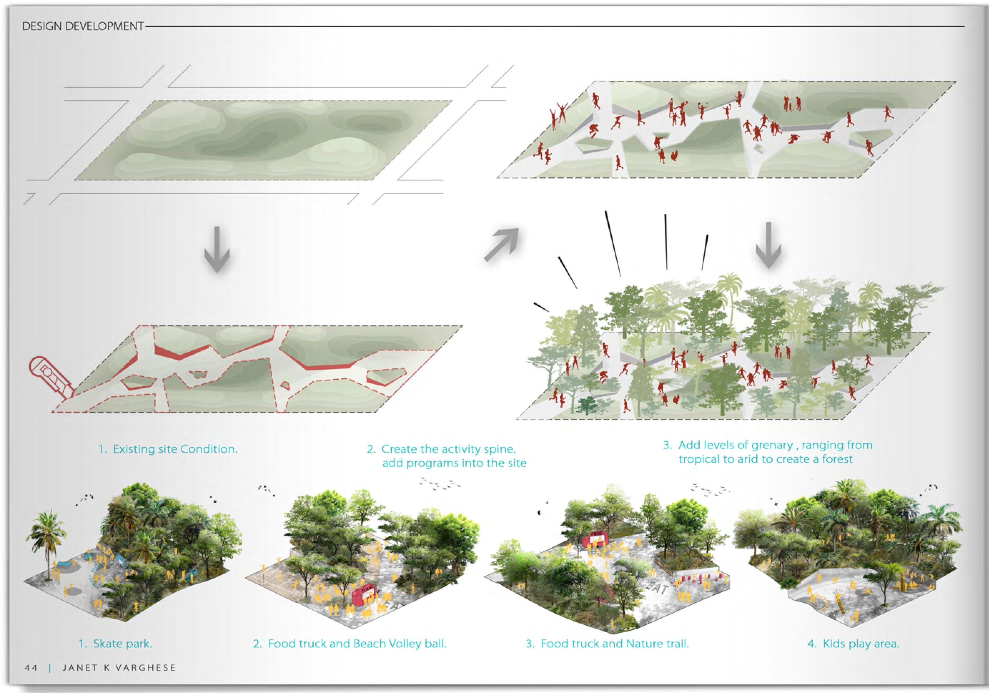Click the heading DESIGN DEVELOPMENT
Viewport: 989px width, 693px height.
pyautogui.click(x=83, y=26)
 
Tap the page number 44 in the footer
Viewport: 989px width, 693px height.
pyautogui.click(x=31, y=668)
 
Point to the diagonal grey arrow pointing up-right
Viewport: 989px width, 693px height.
pyautogui.click(x=501, y=245)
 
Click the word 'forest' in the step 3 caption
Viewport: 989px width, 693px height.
pyautogui.click(x=837, y=459)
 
